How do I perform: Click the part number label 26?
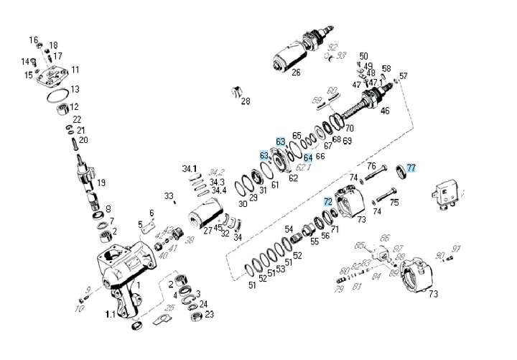tap(296, 71)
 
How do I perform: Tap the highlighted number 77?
tap(411, 167)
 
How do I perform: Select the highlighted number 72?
tap(327, 202)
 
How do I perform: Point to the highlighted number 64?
tap(308, 157)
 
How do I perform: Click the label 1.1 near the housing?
tap(111, 314)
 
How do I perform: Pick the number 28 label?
tap(246, 101)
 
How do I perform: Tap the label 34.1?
tap(190, 169)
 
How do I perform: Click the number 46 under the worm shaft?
tap(385, 111)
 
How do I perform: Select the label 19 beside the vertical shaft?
tap(101, 183)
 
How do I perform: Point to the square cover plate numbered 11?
tap(56, 76)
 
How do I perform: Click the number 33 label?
tap(169, 195)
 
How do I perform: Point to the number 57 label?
tap(403, 76)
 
